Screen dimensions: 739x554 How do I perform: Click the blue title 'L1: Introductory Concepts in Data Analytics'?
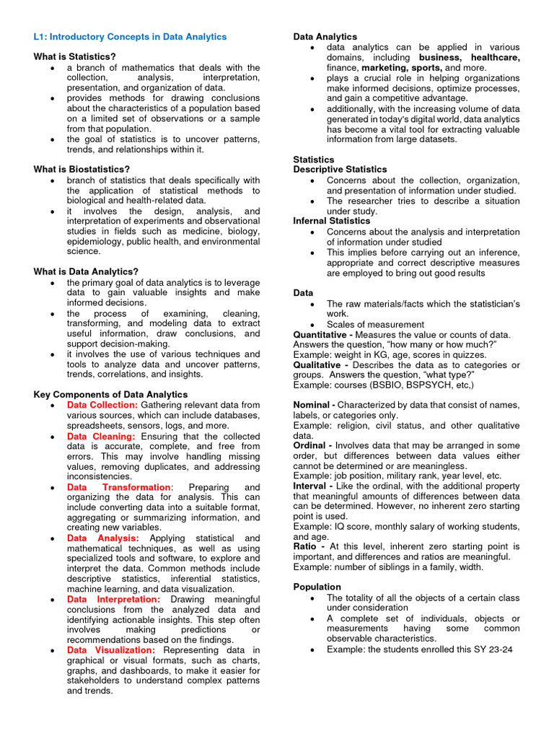click(130, 37)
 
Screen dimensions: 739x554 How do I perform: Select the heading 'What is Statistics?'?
click(74, 56)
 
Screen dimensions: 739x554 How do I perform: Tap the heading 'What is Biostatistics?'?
click(82, 170)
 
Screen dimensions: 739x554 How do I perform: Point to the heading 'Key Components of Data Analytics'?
click(110, 395)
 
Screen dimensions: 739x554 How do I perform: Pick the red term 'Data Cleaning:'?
click(100, 437)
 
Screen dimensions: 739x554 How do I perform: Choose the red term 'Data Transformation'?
click(119, 487)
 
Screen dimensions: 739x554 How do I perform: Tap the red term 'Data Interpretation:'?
click(113, 599)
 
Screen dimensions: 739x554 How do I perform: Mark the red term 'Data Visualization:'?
click(110, 650)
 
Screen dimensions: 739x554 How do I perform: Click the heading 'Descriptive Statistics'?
click(340, 170)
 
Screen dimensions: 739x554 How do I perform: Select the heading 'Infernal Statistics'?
click(331, 221)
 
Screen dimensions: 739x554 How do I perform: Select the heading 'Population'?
click(317, 587)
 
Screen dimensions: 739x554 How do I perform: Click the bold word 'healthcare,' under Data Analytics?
click(495, 57)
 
